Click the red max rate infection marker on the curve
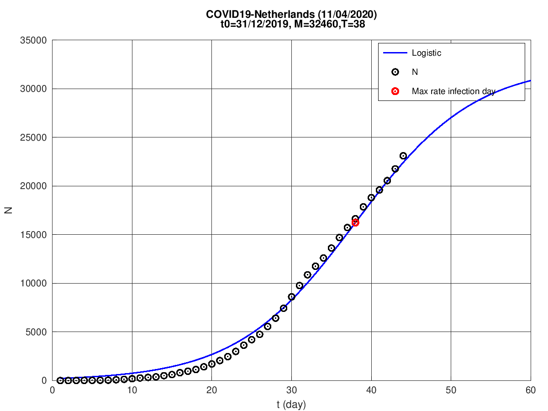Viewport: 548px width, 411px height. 355,223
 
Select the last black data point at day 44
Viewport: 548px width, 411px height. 403,156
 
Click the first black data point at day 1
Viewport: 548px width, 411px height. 60,380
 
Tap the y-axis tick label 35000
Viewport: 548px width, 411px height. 35,40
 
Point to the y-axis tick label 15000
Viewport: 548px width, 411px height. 35,235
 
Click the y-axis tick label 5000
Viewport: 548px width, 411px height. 37,332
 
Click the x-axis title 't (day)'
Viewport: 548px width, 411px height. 291,404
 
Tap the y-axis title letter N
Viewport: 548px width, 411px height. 8,211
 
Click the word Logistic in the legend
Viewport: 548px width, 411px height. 427,53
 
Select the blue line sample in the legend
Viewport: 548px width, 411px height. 395,53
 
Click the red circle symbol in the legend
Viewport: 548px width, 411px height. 395,91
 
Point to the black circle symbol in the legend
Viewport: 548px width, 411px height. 395,72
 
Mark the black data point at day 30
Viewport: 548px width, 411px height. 291,297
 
